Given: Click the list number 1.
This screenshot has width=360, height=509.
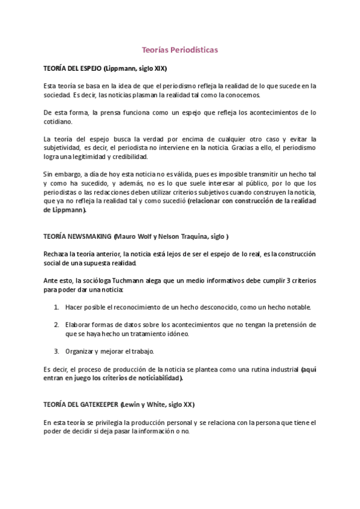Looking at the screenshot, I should pyautogui.click(x=56, y=307).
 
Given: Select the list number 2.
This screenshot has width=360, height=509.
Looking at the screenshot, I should pyautogui.click(x=56, y=325).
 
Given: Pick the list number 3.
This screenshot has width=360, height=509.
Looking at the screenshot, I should pyautogui.click(x=56, y=351).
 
